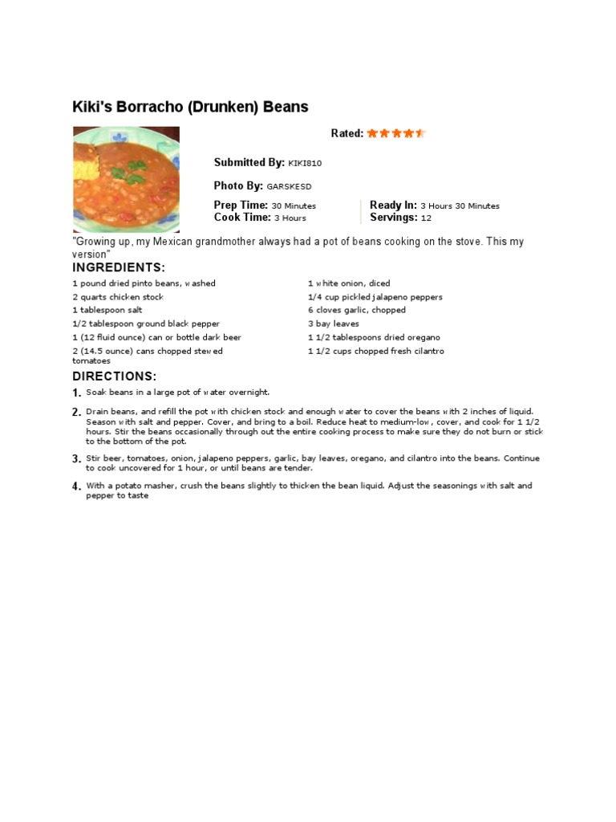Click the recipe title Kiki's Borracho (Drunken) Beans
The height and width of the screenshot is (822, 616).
click(x=190, y=107)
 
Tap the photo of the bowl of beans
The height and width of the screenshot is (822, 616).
click(x=126, y=179)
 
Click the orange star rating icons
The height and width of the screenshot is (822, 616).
click(x=396, y=133)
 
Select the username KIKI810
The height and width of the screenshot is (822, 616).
click(x=305, y=163)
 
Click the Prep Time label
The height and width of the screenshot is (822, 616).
click(x=241, y=205)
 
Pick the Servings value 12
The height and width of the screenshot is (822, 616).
click(x=426, y=218)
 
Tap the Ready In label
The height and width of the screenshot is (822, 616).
click(x=393, y=205)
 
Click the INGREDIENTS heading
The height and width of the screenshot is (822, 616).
click(x=119, y=267)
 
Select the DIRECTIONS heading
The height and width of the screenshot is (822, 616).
click(x=115, y=376)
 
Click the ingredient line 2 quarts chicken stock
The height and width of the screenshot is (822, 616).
click(x=118, y=297)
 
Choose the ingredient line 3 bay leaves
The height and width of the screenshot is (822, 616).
click(x=334, y=324)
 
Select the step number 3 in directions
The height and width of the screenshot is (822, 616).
click(x=76, y=459)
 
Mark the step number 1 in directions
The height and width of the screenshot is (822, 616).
click(x=76, y=393)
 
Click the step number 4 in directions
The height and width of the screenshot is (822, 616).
click(x=76, y=486)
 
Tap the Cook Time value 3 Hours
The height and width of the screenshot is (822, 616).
click(x=290, y=218)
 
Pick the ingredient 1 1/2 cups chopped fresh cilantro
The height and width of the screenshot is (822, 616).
click(x=376, y=351)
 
